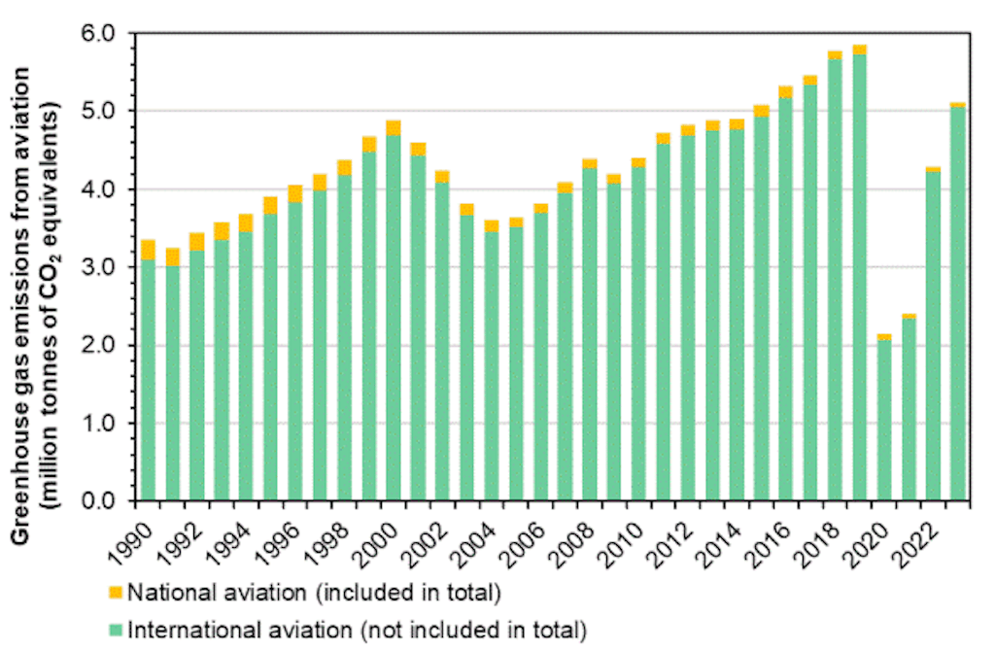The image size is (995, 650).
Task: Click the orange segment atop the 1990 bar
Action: pos(148,250)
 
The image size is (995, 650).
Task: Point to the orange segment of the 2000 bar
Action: pos(393,128)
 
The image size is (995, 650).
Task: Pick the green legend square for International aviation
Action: pos(115,631)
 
